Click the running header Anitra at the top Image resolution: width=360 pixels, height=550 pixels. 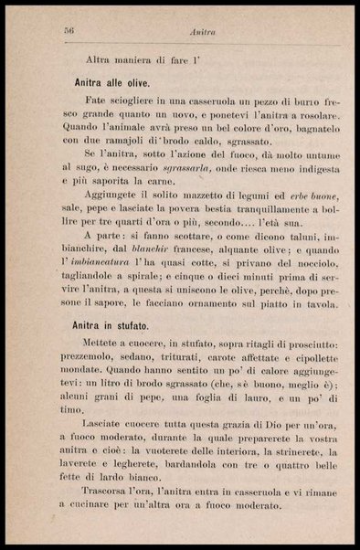(x=201, y=32)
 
